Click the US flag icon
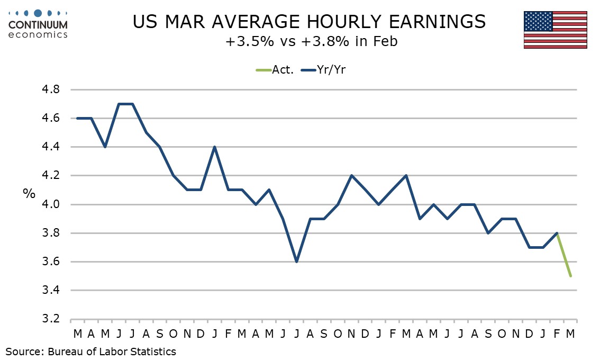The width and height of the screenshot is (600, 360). (x=555, y=30)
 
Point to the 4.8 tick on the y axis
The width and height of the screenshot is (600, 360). (x=51, y=89)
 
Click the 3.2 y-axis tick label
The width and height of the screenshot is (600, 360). (x=51, y=319)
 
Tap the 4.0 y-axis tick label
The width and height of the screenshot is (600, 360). (x=51, y=204)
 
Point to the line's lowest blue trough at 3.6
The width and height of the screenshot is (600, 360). (x=297, y=262)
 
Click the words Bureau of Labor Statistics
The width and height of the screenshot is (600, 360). (x=112, y=351)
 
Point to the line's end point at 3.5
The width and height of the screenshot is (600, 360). (x=570, y=276)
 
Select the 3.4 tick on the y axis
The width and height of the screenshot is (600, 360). (x=51, y=290)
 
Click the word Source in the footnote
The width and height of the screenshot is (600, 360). (x=24, y=351)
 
